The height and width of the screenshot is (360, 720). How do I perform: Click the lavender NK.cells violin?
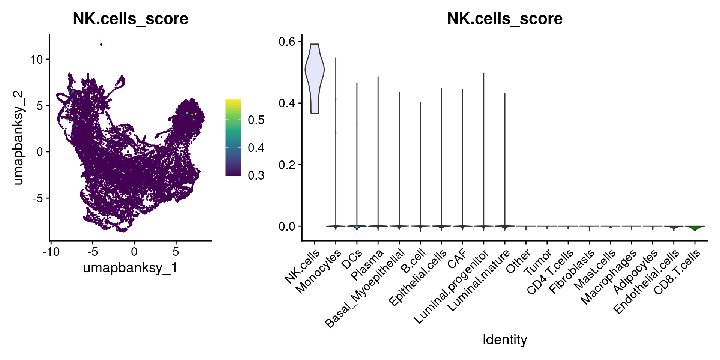[x=315, y=79]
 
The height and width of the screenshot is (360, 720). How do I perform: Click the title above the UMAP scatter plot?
[x=130, y=19]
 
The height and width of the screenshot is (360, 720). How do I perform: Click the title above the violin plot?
[x=504, y=19]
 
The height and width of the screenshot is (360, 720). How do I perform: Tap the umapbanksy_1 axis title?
[x=130, y=268]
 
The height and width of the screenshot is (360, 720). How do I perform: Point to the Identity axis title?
[x=504, y=340]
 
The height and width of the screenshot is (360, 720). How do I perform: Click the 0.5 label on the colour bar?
[x=256, y=120]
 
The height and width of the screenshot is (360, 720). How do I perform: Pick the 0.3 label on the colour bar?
[x=256, y=175]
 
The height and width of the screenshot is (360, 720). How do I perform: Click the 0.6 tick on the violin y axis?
[x=286, y=42]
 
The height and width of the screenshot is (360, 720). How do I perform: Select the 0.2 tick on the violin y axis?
[x=286, y=165]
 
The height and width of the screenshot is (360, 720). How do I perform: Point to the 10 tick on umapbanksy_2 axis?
[x=37, y=59]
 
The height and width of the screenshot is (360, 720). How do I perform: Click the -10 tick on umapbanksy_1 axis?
[x=51, y=252]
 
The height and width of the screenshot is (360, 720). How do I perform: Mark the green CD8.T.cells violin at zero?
[x=695, y=228]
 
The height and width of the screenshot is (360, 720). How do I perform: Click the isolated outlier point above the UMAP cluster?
[x=101, y=45]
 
